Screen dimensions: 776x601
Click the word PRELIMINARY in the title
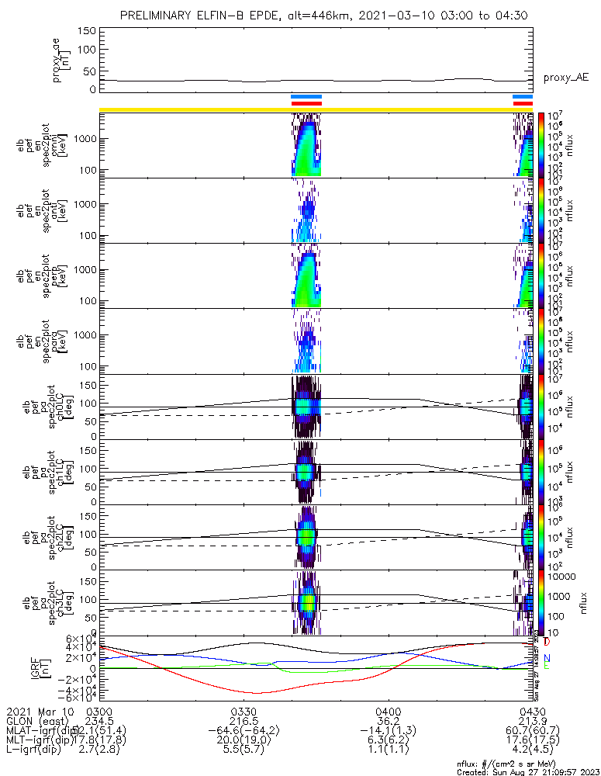(x=157, y=16)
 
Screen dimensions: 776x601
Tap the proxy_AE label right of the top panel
(x=566, y=78)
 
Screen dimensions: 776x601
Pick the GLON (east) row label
(x=34, y=721)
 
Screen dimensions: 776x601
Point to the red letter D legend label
(x=547, y=642)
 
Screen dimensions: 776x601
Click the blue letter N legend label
(x=547, y=658)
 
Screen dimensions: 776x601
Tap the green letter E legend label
(x=547, y=666)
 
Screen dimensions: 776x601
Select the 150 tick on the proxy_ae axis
(x=86, y=30)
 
